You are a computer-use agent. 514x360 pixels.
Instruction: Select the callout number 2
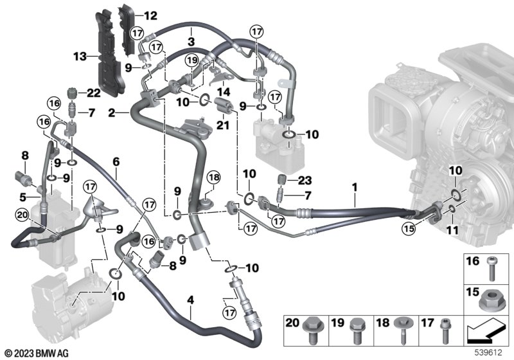pos(111,113)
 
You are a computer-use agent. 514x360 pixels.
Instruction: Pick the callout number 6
pos(116,163)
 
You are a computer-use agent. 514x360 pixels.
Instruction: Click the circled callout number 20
pos(22,215)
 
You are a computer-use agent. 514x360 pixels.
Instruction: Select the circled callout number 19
pos(190,60)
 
